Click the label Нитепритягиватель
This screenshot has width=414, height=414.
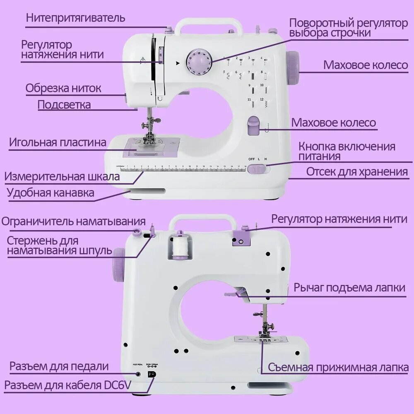pyautogui.click(x=75, y=18)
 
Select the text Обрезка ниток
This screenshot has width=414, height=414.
pyautogui.click(x=63, y=88)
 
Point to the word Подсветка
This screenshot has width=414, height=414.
pyautogui.click(x=64, y=105)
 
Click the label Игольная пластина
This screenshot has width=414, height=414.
pyautogui.click(x=58, y=143)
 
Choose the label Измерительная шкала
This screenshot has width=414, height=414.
pyautogui.click(x=62, y=177)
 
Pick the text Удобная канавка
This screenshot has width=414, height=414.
pyautogui.click(x=51, y=193)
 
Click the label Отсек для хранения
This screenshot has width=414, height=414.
pyautogui.click(x=357, y=172)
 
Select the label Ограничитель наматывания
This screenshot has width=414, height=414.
pyautogui.click(x=74, y=221)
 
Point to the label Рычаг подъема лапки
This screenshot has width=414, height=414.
pyautogui.click(x=349, y=288)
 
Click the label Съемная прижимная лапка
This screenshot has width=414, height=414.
pyautogui.click(x=338, y=367)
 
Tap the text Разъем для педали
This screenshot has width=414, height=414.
pyautogui.click(x=59, y=366)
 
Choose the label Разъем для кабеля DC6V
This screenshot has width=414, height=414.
pyautogui.click(x=68, y=385)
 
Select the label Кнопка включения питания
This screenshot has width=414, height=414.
pyautogui.click(x=347, y=152)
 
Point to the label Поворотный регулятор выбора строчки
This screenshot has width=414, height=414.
pyautogui.click(x=348, y=28)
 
